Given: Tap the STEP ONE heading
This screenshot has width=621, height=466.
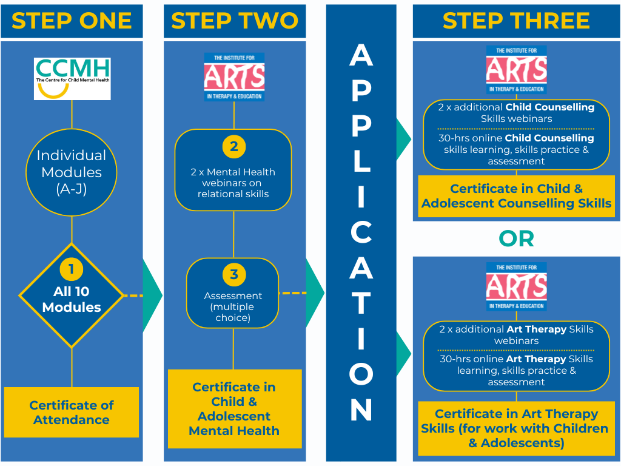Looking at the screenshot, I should click(72, 21).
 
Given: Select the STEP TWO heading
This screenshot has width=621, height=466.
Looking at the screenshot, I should click(234, 21).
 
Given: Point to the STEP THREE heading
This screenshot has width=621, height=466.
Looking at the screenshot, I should click(516, 21).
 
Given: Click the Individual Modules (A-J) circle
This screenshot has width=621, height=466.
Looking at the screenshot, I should click(72, 172).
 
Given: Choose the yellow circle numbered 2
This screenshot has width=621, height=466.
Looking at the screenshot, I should click(233, 146).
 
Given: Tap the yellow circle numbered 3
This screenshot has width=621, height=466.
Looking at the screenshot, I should click(233, 274).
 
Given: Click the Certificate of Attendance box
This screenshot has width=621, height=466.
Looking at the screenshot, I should click(72, 413).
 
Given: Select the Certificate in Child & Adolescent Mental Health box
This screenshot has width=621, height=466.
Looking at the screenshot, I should click(234, 409).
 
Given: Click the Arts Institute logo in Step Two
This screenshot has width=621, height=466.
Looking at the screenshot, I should click(234, 77).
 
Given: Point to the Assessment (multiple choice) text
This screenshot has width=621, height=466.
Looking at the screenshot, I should click(233, 306).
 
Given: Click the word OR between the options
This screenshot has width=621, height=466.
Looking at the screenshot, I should click(516, 238).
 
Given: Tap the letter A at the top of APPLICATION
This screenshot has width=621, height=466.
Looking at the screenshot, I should click(361, 56).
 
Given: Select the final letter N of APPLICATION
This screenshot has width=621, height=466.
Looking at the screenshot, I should click(361, 411).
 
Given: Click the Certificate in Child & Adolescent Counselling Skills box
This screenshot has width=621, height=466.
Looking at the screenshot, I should click(516, 196).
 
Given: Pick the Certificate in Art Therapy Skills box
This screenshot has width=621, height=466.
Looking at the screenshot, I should click(516, 428).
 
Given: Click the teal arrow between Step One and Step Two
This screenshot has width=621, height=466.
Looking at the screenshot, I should click(152, 295).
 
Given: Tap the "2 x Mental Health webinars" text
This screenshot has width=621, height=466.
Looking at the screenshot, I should click(233, 183).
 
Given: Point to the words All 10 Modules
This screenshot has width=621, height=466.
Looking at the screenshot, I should click(72, 299).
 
